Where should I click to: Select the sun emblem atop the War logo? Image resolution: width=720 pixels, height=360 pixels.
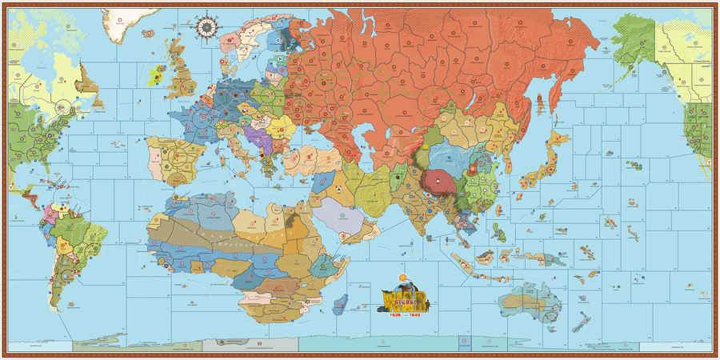coord(401,282)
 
